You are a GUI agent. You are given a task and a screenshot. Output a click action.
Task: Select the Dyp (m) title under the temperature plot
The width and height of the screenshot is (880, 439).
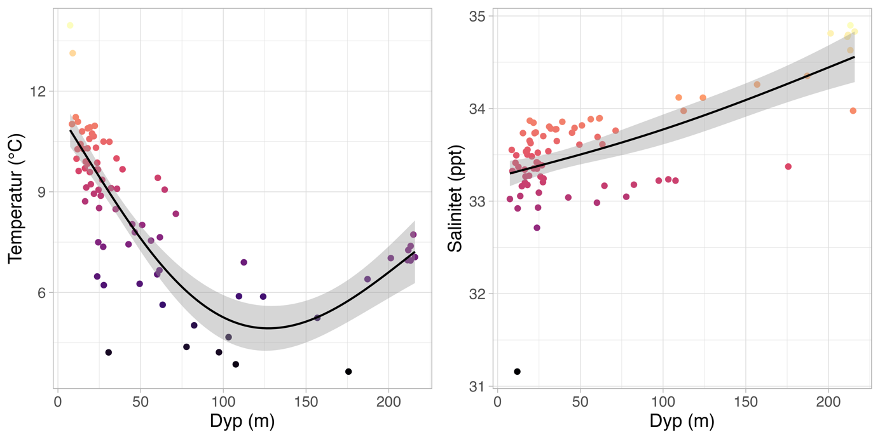pos(242,422)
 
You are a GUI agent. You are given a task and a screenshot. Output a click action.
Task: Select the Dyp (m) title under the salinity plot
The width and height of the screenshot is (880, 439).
pos(682,422)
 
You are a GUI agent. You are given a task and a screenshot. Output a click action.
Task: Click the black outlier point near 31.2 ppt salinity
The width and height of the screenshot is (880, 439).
pos(518,372)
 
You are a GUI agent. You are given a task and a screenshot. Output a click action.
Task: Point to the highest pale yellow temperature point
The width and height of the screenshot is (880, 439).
pos(70,25)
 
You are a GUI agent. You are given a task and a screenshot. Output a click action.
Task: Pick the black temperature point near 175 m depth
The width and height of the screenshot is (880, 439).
pos(348,372)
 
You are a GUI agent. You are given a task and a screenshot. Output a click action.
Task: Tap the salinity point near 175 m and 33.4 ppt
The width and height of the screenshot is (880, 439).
pos(788,166)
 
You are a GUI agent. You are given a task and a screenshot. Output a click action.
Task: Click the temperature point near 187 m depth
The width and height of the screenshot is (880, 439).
pos(368,279)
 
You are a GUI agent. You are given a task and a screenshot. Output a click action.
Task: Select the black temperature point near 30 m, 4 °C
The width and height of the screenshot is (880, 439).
pos(109,353)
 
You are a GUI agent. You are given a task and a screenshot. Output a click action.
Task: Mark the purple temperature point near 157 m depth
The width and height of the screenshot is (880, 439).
pos(317,318)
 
